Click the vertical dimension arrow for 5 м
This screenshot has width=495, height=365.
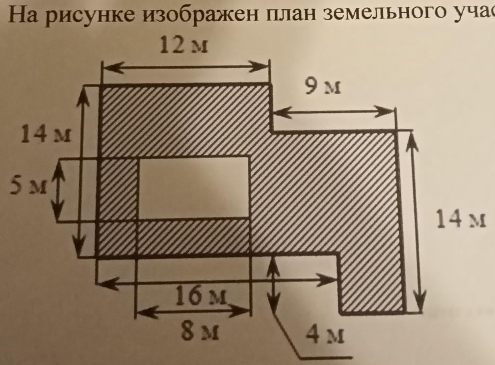[x=59, y=191]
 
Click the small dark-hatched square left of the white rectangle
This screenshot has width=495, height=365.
[x=118, y=188]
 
